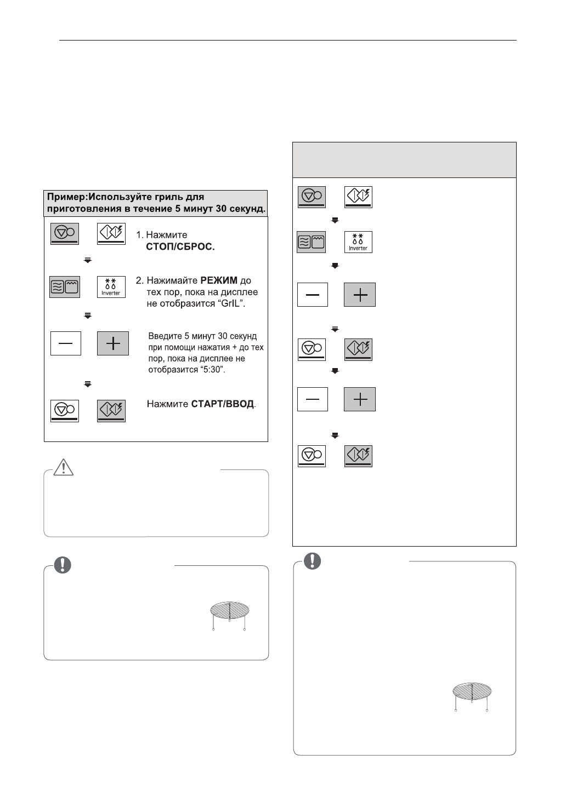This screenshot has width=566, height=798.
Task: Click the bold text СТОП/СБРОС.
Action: tap(180, 247)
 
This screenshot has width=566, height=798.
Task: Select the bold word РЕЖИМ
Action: tap(219, 281)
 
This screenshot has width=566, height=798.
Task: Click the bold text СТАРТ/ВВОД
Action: tap(223, 404)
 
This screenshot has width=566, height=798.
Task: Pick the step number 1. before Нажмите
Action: tap(140, 235)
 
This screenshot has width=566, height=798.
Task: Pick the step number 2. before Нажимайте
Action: tap(140, 281)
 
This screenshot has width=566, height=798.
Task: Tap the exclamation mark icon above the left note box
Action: tap(64, 565)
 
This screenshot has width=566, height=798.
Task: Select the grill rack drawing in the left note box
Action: tap(229, 616)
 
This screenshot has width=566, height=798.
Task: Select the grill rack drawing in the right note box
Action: tap(472, 696)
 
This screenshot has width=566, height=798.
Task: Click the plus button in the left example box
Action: tap(112, 343)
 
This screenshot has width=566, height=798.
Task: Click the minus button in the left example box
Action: tap(66, 343)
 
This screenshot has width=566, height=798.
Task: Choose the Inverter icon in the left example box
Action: tap(111, 287)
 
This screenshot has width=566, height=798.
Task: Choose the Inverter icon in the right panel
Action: tap(358, 242)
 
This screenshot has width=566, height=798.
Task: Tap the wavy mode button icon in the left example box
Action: tap(65, 287)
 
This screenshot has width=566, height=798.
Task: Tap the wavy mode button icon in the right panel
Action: tap(312, 242)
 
